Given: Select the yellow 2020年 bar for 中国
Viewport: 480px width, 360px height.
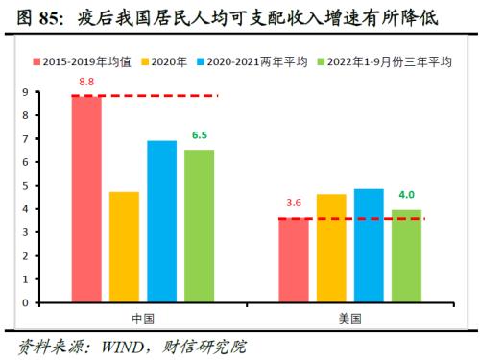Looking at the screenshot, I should click(x=124, y=247).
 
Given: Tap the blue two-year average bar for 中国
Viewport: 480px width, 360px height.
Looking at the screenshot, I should click(x=161, y=222).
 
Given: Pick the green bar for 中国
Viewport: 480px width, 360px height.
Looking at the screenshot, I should click(x=199, y=227).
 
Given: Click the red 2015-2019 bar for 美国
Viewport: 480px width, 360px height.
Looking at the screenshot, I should click(x=294, y=260).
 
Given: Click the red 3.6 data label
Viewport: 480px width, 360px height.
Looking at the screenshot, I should click(x=294, y=204).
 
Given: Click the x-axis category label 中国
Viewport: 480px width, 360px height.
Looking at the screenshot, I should click(x=142, y=318).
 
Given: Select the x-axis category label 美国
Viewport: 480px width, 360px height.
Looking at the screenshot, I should click(x=349, y=318).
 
